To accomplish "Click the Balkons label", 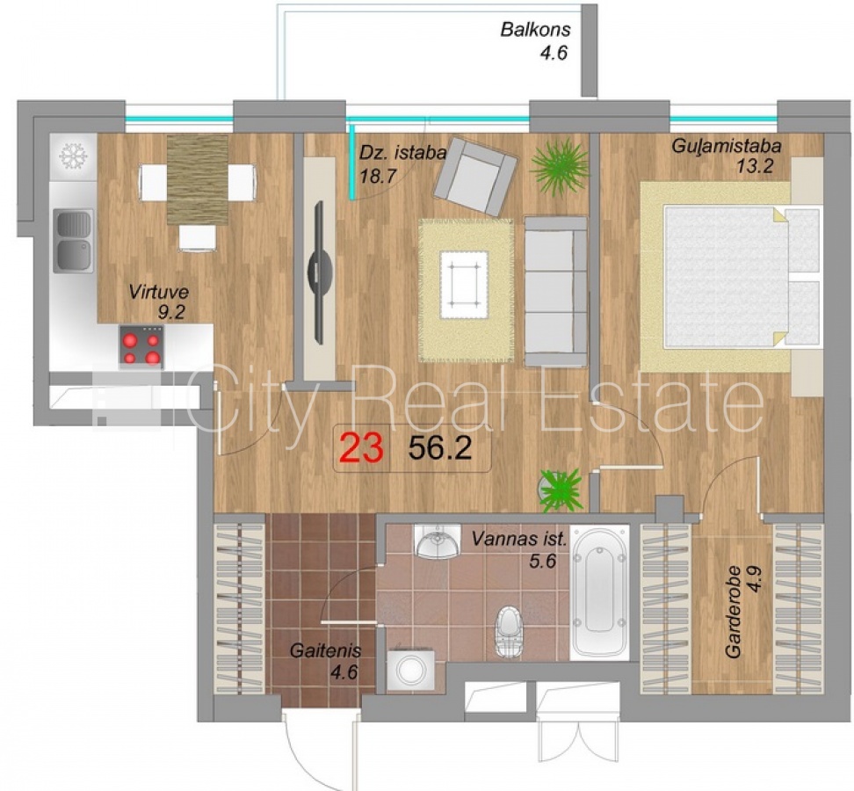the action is click(x=535, y=29).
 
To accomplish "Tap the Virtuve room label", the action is click(x=158, y=292).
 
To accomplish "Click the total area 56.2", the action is click(x=439, y=449).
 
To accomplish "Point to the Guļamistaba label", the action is click(x=727, y=146).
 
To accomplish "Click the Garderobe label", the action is click(x=733, y=612).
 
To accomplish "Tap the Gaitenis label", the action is click(x=325, y=650).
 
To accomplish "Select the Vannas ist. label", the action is click(x=519, y=540).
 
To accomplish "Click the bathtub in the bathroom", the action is click(x=600, y=592).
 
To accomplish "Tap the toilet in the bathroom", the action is click(x=510, y=631).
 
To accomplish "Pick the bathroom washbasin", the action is click(x=437, y=541).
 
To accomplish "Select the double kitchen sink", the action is click(x=72, y=242).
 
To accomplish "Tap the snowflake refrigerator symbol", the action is click(x=73, y=156).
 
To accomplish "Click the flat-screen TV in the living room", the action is click(x=320, y=272).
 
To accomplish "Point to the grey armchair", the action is click(x=475, y=176).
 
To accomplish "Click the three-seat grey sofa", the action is click(x=556, y=291).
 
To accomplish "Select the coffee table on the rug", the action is click(x=464, y=285).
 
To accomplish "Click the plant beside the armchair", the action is click(x=560, y=166).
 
